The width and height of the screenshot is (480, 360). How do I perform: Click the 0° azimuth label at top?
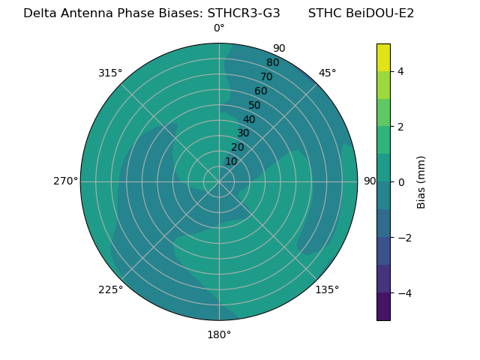tap(219, 28)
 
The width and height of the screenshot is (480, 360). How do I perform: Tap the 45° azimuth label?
tap(327, 73)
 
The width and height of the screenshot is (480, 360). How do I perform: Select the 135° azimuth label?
tap(327, 289)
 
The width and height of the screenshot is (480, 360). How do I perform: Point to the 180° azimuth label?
tap(219, 334)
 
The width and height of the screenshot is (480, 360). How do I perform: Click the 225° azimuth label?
tap(110, 289)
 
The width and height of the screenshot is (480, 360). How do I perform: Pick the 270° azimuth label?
tap(65, 181)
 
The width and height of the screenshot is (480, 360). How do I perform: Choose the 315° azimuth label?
tap(110, 73)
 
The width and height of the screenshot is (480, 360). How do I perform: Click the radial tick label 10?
tap(231, 162)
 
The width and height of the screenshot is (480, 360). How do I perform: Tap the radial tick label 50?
tap(255, 105)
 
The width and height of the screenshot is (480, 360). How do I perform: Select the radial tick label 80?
tap(272, 62)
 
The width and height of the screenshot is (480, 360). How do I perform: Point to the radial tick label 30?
tap(243, 133)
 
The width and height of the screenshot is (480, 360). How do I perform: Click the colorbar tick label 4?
tap(400, 71)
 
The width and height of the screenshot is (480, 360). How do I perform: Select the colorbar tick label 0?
tap(400, 182)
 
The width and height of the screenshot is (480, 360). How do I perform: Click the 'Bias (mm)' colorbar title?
tap(421, 181)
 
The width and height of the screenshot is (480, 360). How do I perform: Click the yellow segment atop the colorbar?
tap(383, 57)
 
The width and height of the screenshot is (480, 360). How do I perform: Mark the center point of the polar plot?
tap(219, 181)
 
